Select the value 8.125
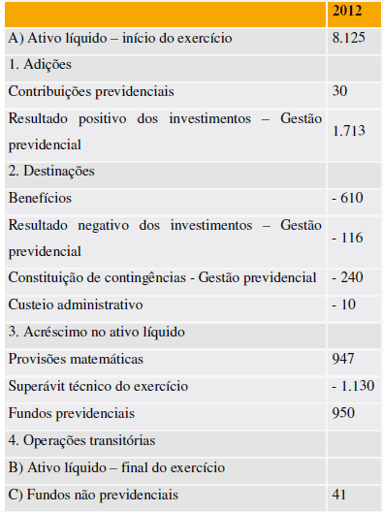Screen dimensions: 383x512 point(348,39)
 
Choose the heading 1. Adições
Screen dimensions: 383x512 point(40,64)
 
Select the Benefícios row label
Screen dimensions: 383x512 point(40,197)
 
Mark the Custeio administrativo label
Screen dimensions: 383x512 point(75,304)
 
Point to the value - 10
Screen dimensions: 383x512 point(343,304)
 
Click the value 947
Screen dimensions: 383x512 point(344,358)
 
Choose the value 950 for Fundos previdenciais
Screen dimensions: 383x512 point(344,412)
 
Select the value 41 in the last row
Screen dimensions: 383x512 point(340,495)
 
